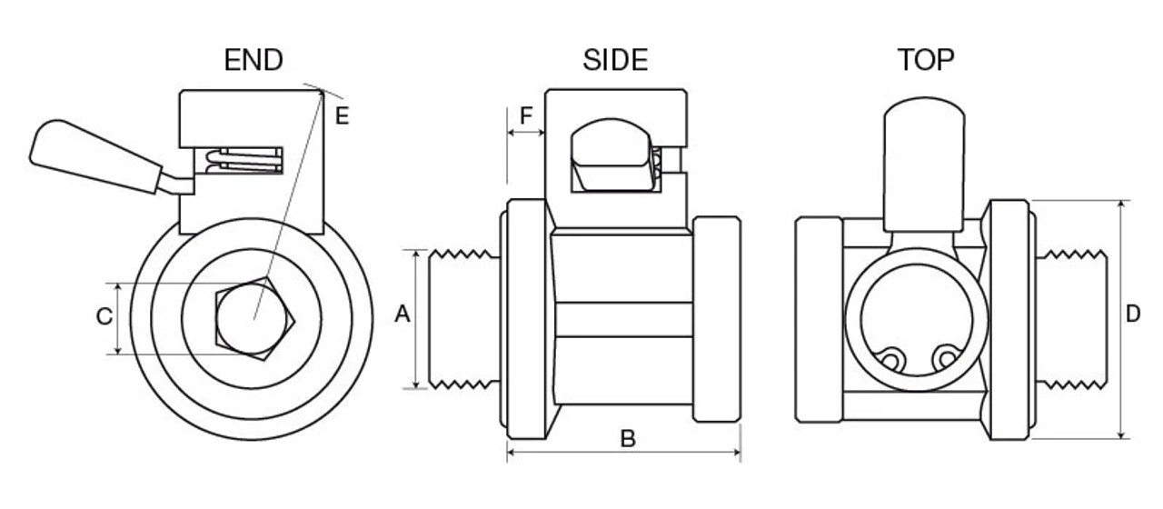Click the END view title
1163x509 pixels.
tap(253, 61)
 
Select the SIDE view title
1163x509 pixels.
tap(615, 61)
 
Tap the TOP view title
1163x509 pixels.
tap(926, 61)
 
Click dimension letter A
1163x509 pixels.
tap(403, 315)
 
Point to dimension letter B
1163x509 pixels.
tap(627, 438)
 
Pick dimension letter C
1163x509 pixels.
tap(104, 316)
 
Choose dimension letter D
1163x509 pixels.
tap(1133, 315)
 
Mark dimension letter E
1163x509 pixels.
tap(342, 115)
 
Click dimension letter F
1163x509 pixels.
tap(526, 115)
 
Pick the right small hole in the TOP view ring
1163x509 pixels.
tap(947, 359)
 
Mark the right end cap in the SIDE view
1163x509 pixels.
tap(716, 318)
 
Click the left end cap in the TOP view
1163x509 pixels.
tap(819, 318)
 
